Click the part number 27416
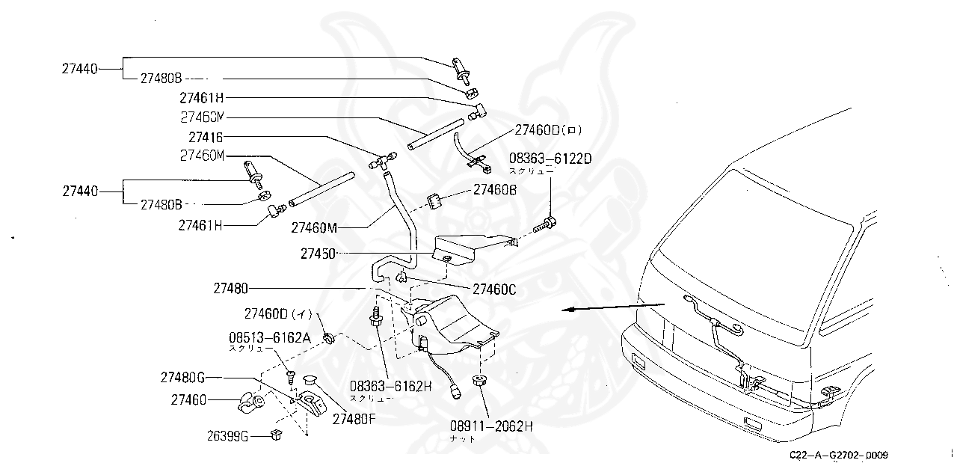pos(206,138)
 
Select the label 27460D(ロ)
pos(547,130)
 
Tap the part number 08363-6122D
pos(550,159)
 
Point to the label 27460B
pos(495,190)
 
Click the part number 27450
pos(318,254)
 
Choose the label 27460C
pos(494,287)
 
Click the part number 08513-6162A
pos(269,337)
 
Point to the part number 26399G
pos(227,436)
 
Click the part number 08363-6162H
pos(391,387)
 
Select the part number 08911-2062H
pos(491,426)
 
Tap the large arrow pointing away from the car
pos(613,307)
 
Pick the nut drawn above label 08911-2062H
pos(478,381)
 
